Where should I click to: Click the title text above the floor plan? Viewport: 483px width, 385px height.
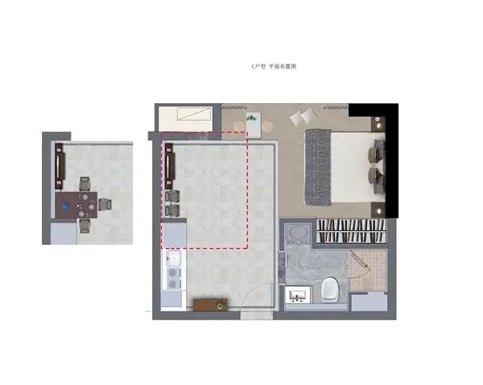tap(274, 66)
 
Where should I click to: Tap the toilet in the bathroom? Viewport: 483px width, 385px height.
tap(330, 290)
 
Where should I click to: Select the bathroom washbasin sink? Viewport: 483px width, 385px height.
tap(297, 296)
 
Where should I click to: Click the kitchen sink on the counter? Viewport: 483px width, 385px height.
tap(173, 258)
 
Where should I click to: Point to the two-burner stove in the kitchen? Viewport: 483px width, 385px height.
tap(173, 279)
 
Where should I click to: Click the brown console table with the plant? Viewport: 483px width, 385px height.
tap(210, 304)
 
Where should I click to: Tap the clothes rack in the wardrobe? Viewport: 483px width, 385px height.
tap(351, 231)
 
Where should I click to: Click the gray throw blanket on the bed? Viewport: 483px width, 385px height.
tap(318, 167)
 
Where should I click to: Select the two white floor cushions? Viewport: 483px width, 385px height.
tap(304, 117)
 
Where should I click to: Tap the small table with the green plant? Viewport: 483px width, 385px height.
tap(254, 125)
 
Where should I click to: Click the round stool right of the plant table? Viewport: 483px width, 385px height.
tap(267, 126)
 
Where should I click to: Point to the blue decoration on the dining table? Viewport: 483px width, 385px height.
tap(65, 206)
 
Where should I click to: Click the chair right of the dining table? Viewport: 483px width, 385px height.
tap(105, 205)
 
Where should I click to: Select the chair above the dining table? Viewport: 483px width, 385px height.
tap(85, 184)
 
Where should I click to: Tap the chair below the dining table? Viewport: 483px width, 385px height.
tap(85, 226)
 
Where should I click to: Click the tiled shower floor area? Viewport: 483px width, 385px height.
tap(368, 270)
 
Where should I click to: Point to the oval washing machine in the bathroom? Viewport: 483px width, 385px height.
tap(297, 234)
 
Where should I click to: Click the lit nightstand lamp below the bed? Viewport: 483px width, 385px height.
tap(378, 211)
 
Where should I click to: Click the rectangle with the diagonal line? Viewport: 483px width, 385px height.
tap(195, 114)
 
